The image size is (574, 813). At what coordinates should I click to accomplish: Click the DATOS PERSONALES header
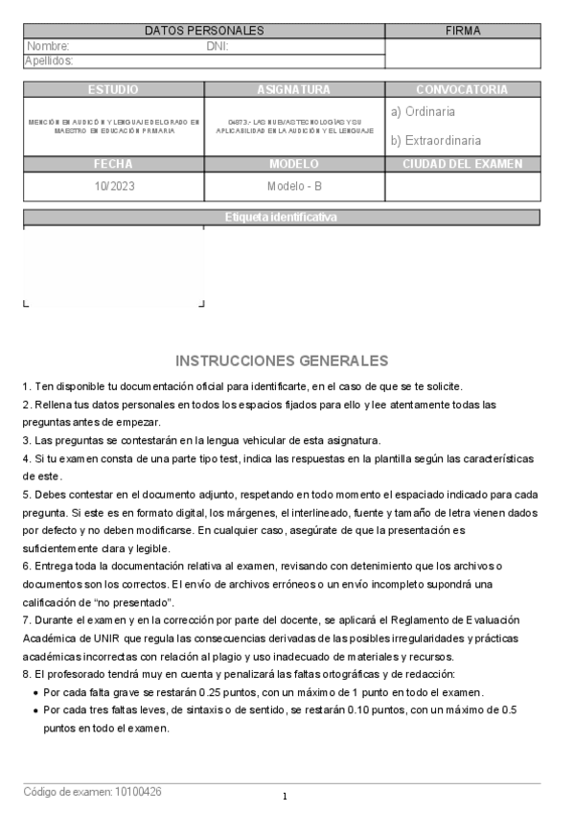click(x=204, y=31)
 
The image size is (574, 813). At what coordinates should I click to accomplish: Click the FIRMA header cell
click(x=463, y=31)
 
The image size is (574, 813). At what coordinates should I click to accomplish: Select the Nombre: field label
click(x=48, y=46)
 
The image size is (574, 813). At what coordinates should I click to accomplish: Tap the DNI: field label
click(x=218, y=46)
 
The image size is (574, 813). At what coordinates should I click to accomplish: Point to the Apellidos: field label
click(x=49, y=60)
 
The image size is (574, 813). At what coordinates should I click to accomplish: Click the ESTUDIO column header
click(x=113, y=89)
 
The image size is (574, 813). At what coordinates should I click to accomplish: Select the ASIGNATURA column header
click(x=293, y=89)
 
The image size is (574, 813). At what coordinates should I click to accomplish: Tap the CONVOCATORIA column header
click(x=462, y=89)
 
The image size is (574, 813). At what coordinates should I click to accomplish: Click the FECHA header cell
click(x=113, y=164)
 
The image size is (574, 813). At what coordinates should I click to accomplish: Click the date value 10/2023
click(x=113, y=186)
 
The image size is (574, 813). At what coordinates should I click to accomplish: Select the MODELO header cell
click(x=293, y=164)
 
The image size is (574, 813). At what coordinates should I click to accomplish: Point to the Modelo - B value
click(x=294, y=186)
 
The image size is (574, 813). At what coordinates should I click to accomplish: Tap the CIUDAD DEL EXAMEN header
click(x=463, y=164)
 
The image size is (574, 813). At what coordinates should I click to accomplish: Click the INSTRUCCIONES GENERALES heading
click(x=283, y=360)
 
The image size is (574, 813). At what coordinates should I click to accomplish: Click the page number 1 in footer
click(x=286, y=797)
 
